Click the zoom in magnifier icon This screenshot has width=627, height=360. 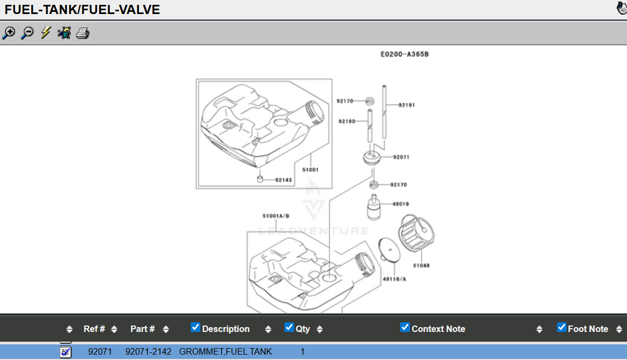point(9,33)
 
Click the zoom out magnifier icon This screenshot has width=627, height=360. point(27,33)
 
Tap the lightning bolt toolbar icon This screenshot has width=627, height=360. point(46,32)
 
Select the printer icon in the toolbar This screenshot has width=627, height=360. point(83,33)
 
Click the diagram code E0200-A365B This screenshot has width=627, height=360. point(405,54)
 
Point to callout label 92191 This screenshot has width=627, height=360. point(406,105)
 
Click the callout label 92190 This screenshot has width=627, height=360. point(347,121)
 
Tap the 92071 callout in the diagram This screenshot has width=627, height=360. point(401,157)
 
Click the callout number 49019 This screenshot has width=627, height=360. point(401,204)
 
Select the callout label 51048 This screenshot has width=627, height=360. point(421,265)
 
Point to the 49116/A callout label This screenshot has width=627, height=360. point(394,279)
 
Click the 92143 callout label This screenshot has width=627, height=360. point(283,179)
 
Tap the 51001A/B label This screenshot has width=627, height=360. point(276,216)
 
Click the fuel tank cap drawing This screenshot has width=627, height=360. point(416,233)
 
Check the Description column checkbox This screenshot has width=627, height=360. point(196,327)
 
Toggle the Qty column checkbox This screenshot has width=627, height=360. point(289,327)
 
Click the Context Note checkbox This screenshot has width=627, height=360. point(405,327)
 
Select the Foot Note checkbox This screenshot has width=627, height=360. point(562,327)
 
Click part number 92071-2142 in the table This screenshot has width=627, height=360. point(148,351)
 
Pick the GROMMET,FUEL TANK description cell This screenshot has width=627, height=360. point(226,351)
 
